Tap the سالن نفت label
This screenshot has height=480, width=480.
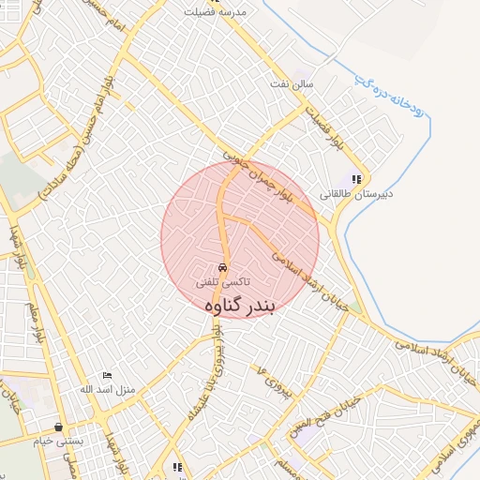pos(315,85)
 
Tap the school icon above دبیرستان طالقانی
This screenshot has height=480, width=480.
pos(355,179)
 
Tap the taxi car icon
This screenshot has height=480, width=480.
pos(222,266)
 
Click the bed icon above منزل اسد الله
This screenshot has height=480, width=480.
pos(106,375)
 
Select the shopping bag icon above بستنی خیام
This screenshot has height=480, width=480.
pos(59,427)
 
